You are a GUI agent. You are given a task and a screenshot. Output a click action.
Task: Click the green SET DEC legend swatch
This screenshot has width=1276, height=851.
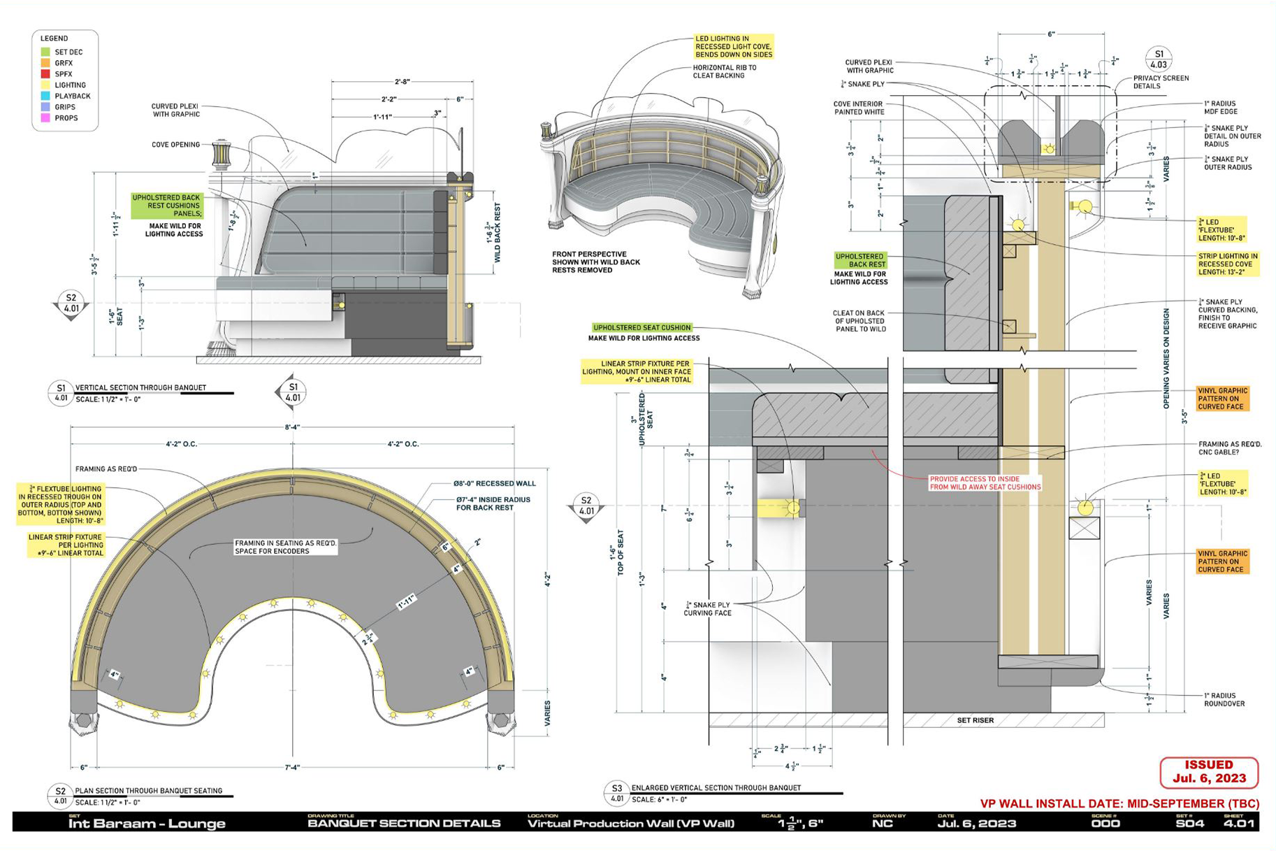(45, 52)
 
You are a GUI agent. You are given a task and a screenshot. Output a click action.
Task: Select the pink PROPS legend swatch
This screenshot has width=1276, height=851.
(45, 118)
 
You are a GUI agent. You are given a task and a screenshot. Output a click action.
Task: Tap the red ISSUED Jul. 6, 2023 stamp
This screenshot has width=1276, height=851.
(1209, 772)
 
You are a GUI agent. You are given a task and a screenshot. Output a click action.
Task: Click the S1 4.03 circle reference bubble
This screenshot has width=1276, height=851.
(1159, 59)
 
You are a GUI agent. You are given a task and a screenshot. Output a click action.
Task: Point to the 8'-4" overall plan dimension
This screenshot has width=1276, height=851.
(292, 427)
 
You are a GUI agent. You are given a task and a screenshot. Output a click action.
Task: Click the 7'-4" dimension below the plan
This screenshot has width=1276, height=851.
(292, 767)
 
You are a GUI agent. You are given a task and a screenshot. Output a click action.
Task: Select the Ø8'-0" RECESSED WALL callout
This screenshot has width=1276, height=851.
(494, 483)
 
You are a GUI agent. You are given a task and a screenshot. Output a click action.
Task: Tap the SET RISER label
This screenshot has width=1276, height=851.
(975, 720)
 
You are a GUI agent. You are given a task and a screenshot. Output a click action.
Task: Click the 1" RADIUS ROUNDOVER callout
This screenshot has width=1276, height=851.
(1224, 700)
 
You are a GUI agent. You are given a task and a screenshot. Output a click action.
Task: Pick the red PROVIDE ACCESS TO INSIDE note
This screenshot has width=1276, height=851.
(985, 483)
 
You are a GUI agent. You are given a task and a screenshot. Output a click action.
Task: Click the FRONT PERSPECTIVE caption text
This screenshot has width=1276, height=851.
(595, 262)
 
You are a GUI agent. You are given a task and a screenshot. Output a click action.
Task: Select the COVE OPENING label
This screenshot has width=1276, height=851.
(175, 145)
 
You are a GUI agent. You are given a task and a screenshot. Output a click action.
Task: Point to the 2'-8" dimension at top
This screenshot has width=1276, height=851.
(402, 82)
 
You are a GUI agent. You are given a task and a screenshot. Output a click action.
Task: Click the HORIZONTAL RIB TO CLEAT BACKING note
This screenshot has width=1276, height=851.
(724, 71)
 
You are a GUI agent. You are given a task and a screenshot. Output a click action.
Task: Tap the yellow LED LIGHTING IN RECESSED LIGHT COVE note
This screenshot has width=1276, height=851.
(733, 47)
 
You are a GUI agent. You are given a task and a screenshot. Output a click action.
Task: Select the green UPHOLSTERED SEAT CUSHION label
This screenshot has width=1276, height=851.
(641, 327)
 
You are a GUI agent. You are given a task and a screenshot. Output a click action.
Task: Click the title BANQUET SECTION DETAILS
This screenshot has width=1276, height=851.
(404, 823)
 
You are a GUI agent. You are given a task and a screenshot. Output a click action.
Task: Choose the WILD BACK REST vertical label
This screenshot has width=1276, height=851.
(498, 232)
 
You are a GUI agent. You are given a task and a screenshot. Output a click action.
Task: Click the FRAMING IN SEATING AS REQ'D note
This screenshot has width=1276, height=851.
(285, 547)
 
